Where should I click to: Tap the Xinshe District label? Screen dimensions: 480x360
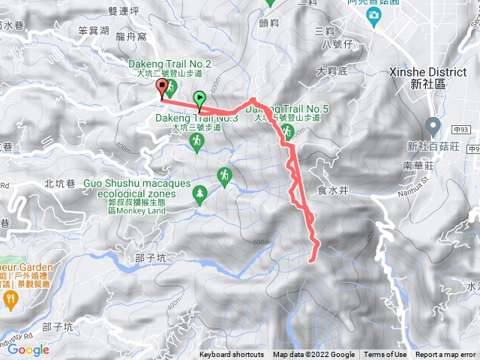coord(439,77)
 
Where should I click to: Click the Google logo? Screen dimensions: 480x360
coord(28,349)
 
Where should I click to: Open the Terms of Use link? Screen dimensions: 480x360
coord(385,355)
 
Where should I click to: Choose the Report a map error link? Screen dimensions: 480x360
coord(446,355)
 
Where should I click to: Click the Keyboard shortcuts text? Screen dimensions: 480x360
coord(232,355)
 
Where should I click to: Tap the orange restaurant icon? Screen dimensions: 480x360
coord(10,298)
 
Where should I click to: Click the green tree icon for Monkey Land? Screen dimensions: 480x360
coord(199,195)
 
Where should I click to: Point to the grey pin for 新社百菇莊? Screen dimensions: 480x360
coord(433,126)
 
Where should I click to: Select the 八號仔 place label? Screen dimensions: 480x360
coord(335,45)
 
